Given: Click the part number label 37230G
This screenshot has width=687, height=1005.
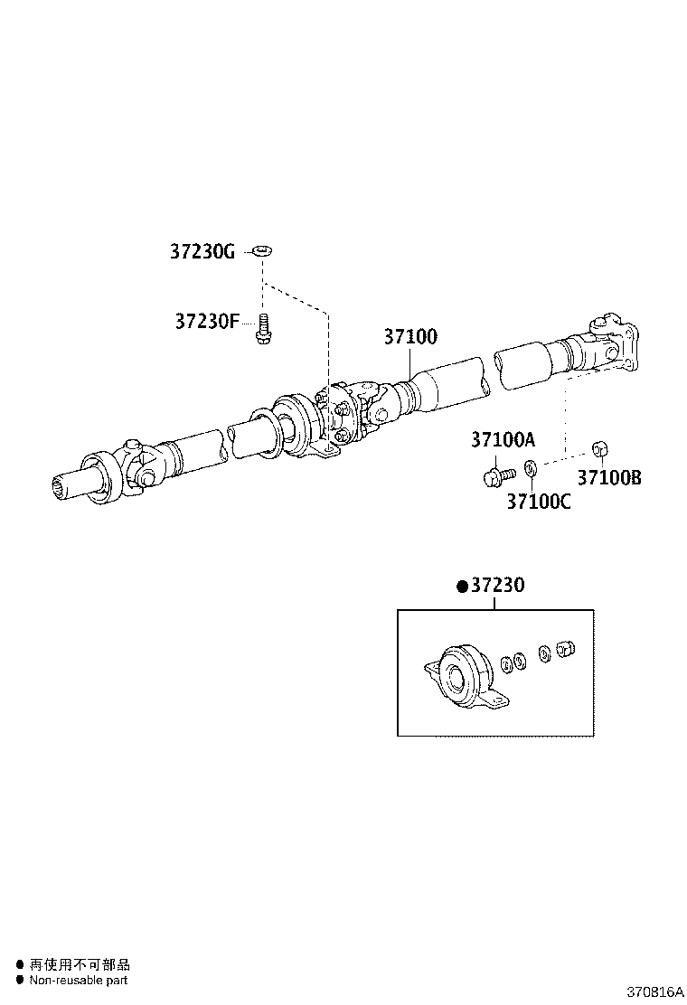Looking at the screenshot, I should (202, 252).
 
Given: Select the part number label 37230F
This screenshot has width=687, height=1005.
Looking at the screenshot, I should (206, 321).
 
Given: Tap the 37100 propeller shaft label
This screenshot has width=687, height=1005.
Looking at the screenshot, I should (410, 337).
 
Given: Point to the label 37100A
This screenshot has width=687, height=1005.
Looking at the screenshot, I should (503, 440).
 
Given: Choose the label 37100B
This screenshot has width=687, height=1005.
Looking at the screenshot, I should (609, 478).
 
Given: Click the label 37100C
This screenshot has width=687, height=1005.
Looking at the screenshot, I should (538, 501).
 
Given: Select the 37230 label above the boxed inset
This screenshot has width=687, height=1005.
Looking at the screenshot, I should (496, 587).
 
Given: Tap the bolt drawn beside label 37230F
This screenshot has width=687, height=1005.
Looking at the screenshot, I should (263, 328).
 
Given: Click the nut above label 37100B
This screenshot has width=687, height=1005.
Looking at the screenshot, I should (598, 448).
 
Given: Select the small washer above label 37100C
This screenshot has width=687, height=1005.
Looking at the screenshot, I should (531, 469).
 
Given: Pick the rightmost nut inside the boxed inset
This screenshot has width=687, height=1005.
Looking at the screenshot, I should (566, 648).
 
